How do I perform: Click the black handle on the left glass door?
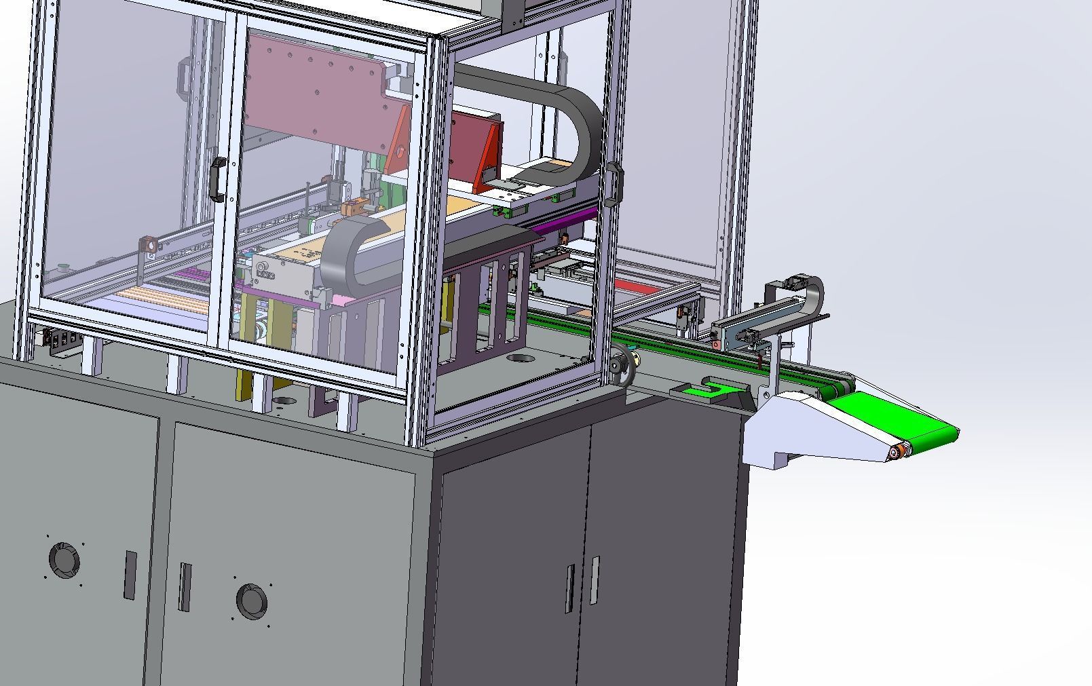[x=217, y=179]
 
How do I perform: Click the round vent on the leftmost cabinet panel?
[x=64, y=560]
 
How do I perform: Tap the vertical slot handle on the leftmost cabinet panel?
[x=130, y=575]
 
